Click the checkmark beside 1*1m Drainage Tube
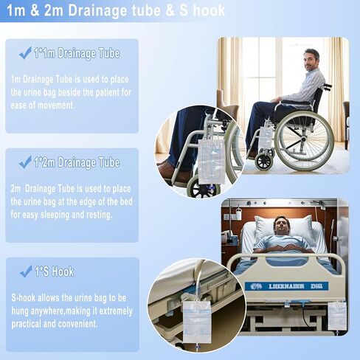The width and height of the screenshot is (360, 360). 25,53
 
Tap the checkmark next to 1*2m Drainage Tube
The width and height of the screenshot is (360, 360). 25,162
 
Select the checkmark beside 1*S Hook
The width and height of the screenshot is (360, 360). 26,271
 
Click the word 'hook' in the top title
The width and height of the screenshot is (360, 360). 209,10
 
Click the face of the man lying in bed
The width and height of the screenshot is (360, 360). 280,226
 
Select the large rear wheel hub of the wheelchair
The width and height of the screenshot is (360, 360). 303,139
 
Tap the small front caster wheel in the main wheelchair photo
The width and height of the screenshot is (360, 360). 264,161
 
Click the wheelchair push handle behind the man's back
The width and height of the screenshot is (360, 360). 327,86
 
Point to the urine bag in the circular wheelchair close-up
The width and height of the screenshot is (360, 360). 211,162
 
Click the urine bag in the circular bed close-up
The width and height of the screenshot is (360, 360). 197,322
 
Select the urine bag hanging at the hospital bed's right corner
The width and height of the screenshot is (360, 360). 337,316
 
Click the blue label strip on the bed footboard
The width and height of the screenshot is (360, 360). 287,286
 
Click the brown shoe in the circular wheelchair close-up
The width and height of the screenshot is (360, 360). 173,171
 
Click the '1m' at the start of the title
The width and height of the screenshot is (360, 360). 16,10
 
